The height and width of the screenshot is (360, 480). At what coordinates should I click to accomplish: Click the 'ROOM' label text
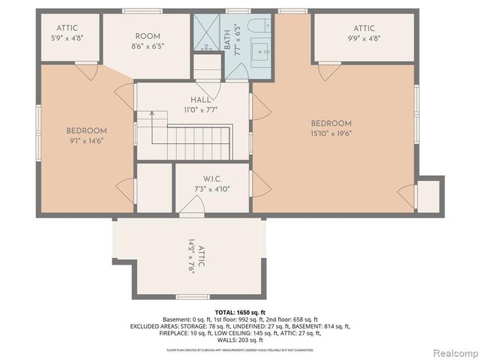pyautogui.click(x=148, y=36)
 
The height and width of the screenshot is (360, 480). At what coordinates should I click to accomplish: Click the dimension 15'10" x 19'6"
pyautogui.click(x=331, y=133)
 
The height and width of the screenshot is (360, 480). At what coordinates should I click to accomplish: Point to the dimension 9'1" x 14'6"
pyautogui.click(x=87, y=139)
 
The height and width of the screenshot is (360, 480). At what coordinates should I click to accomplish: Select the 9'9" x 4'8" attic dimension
pyautogui.click(x=362, y=39)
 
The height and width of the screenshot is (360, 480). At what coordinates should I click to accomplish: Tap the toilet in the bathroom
pyautogui.click(x=258, y=27)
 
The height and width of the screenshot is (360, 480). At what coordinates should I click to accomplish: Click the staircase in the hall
pyautogui.click(x=195, y=136)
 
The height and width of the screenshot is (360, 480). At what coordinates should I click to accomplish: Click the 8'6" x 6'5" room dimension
pyautogui.click(x=148, y=46)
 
